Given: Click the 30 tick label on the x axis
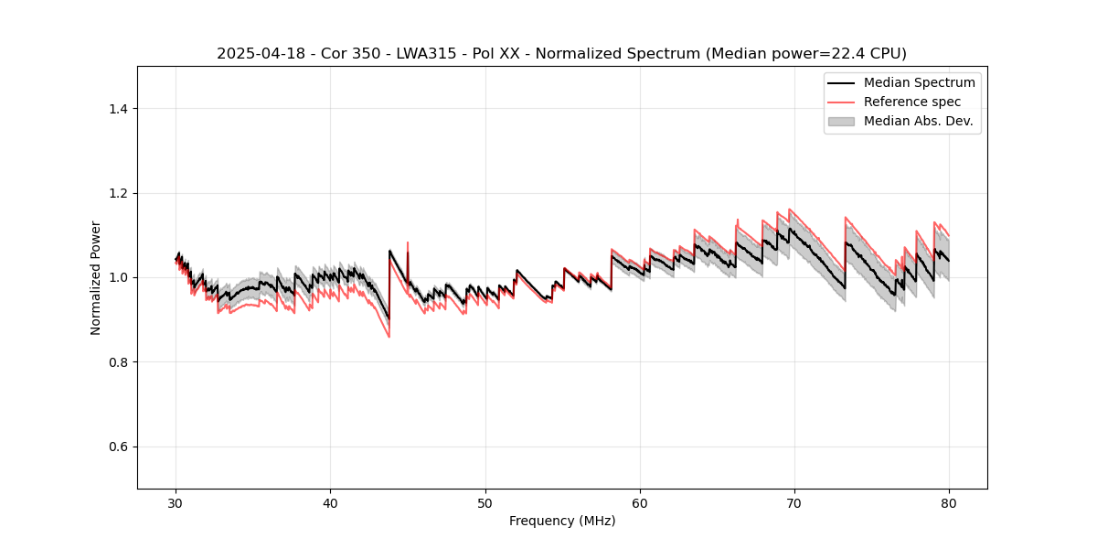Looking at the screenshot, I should (176, 503).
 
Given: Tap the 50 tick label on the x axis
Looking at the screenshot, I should (485, 503).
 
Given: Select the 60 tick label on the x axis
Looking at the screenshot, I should (640, 503).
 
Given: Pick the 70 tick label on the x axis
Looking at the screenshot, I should (794, 503).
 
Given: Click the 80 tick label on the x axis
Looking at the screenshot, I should (949, 503).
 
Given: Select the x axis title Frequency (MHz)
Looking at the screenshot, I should (562, 521).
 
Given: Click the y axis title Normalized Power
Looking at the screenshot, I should (96, 277).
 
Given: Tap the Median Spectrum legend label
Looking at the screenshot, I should (919, 82).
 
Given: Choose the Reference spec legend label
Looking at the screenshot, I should (911, 102).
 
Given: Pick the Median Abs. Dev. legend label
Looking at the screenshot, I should (919, 121).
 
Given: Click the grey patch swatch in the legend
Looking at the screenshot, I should (841, 121).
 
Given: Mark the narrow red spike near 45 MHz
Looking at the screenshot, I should (407, 245).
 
